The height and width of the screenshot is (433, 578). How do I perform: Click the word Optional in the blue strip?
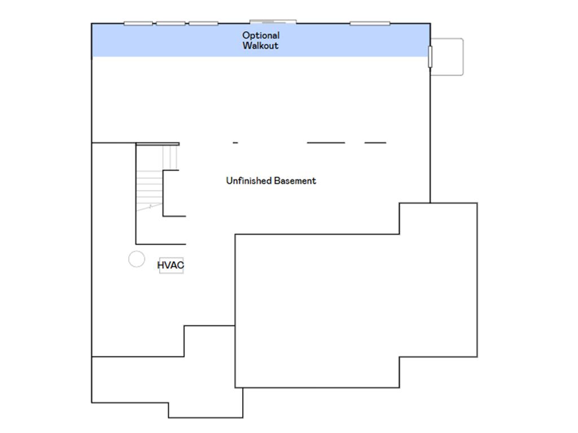tap(261, 36)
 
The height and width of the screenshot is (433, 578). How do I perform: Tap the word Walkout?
tap(260, 46)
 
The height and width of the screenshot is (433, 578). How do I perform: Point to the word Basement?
tap(295, 181)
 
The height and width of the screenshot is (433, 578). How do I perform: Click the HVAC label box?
tap(171, 265)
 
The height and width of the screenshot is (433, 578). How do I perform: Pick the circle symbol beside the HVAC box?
tap(137, 259)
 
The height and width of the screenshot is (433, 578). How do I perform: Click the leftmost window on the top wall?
tap(138, 24)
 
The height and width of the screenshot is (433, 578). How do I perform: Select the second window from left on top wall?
tap(170, 24)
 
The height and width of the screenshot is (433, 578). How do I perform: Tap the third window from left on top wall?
tap(203, 24)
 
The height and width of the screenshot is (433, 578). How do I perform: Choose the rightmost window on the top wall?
tap(370, 24)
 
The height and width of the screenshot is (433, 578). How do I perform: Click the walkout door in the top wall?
tap(273, 22)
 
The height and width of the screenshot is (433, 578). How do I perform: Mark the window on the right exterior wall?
tap(430, 57)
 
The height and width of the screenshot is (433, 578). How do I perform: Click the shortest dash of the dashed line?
tap(235, 143)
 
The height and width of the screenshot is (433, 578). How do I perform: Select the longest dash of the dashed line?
tap(326, 143)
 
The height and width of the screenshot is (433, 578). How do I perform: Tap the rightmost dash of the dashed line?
tap(375, 143)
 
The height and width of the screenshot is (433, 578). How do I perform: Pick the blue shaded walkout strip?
tap(261, 41)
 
